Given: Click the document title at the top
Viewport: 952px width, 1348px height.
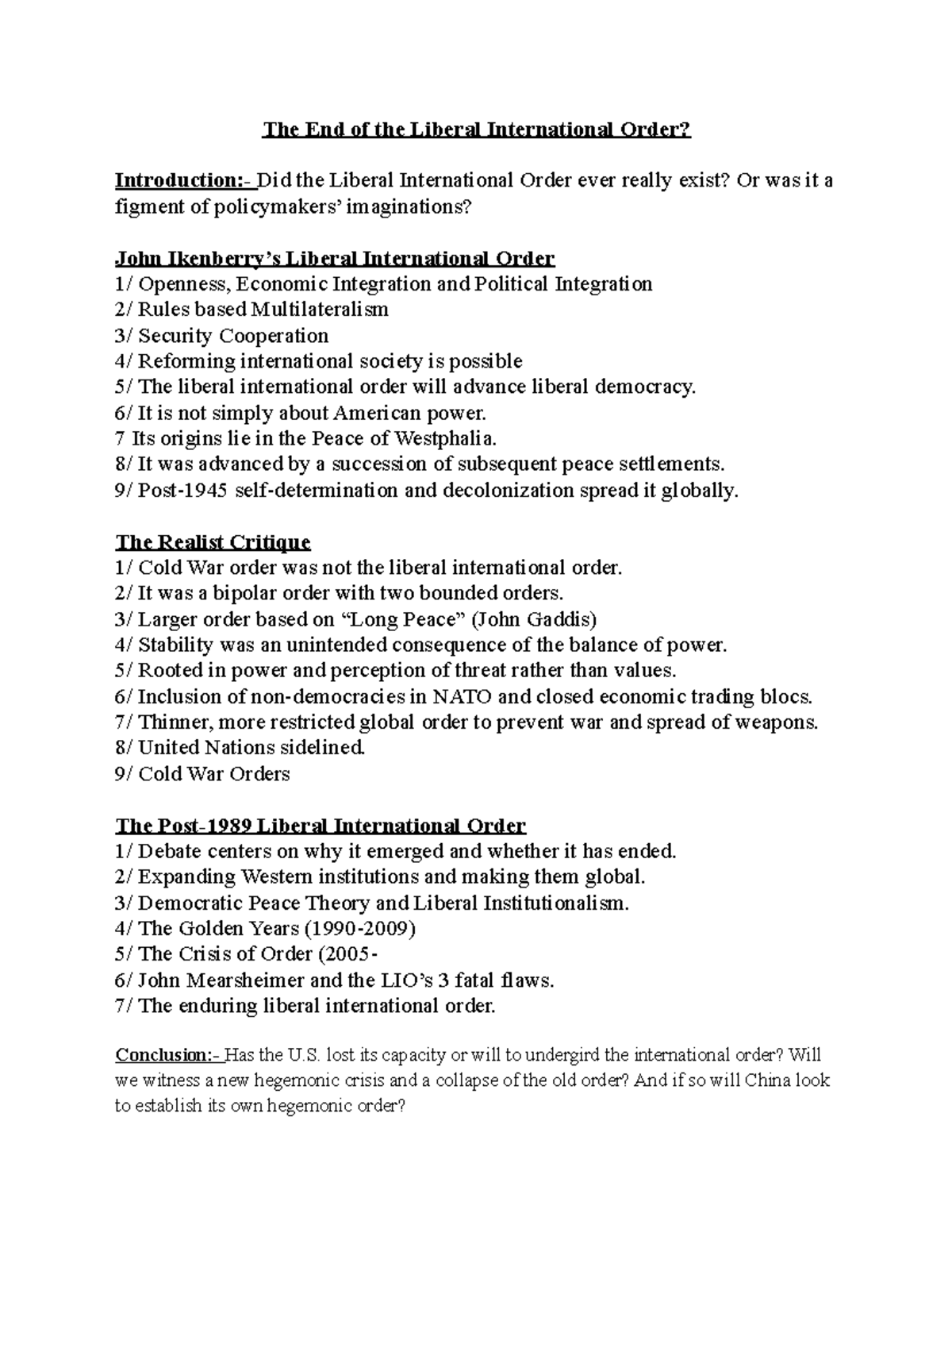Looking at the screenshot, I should [476, 130].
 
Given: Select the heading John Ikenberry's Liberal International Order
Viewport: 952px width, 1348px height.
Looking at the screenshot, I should [335, 259].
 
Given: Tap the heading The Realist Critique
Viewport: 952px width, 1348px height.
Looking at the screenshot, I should [213, 542].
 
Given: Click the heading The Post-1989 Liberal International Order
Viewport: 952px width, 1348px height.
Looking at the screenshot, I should [321, 826].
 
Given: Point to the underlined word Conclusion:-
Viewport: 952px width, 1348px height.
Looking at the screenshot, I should [168, 1055].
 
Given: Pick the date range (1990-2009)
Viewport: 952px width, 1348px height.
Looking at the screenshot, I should [360, 929].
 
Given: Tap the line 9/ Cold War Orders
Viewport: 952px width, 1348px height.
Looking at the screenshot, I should [202, 774].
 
